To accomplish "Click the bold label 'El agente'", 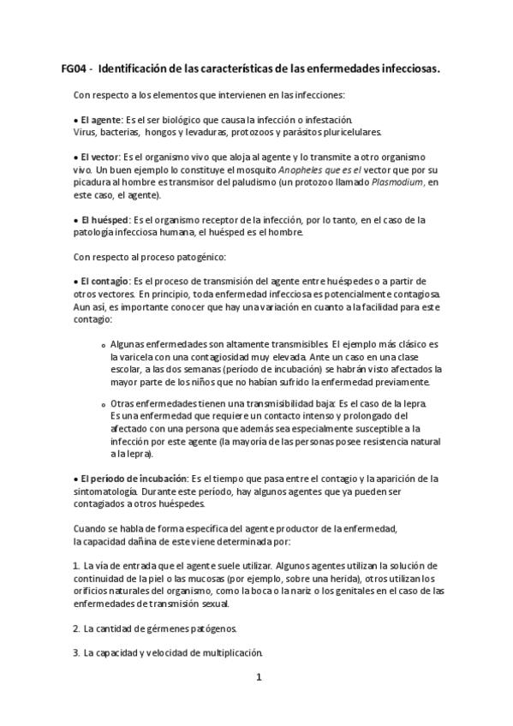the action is click(101, 120).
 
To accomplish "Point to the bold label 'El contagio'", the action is click(104, 281).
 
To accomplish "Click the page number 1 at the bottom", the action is click(258, 677).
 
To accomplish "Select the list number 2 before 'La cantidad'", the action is click(75, 628).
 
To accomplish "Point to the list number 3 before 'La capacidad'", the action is click(75, 653).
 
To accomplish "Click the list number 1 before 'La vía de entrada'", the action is click(75, 566).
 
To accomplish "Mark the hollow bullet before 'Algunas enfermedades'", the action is click(103, 344).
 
